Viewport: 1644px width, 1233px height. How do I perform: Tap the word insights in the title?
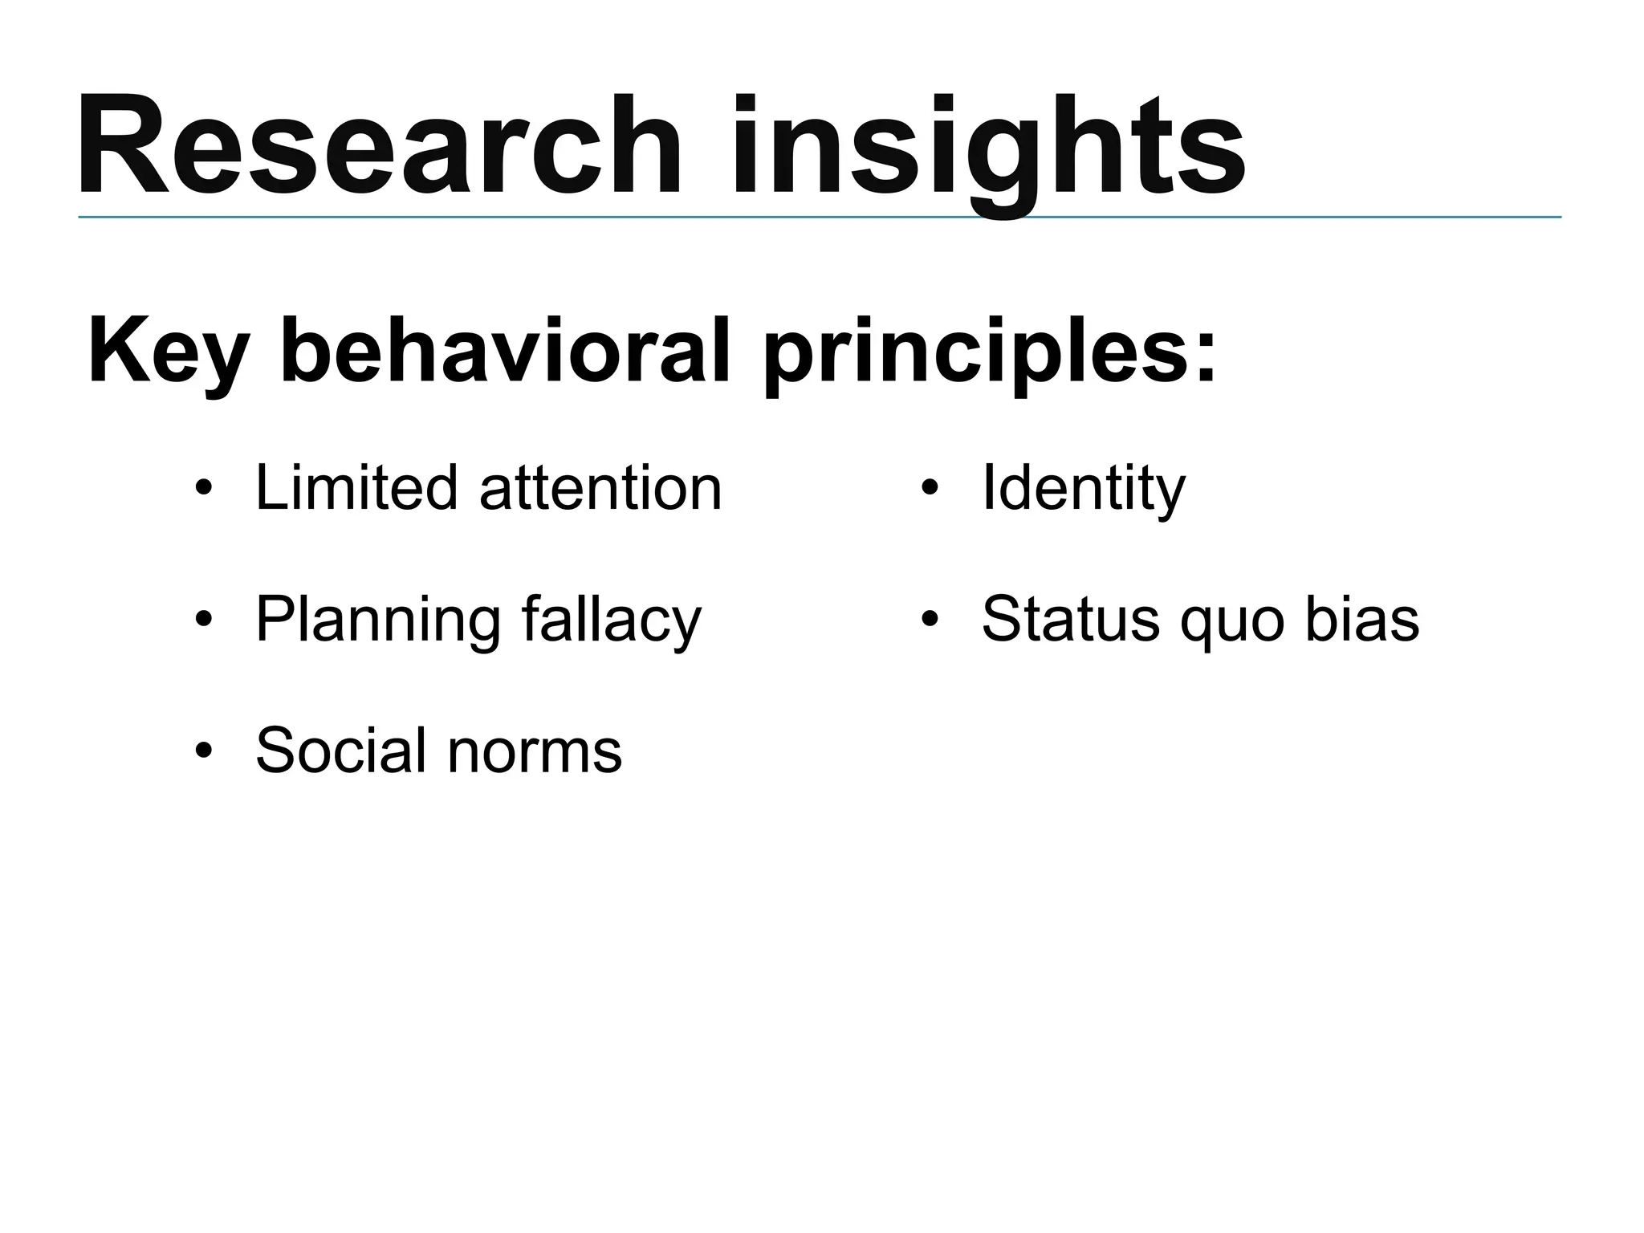coord(987,149)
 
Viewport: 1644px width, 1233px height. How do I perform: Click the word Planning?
coord(376,621)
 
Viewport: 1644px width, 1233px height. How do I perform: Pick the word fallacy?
coord(611,621)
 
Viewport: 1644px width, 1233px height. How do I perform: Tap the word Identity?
coord(1083,489)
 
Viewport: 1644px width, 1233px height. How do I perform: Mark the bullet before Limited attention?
coord(204,489)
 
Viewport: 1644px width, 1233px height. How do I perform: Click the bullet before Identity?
coord(930,489)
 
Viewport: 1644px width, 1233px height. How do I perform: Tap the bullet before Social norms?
coord(204,751)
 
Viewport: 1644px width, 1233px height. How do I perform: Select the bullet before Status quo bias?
coord(930,620)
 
